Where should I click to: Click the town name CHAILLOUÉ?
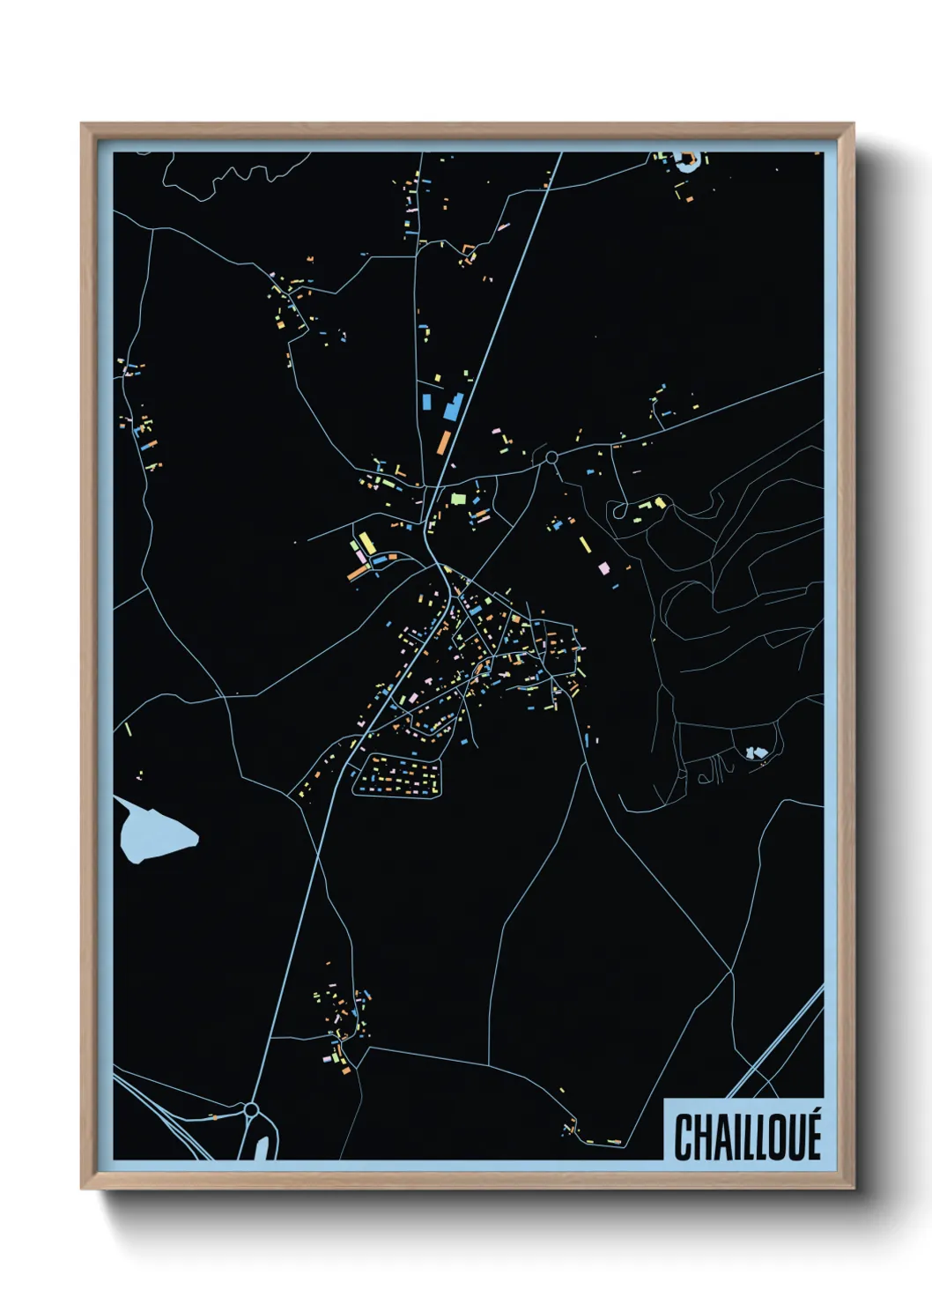(x=747, y=1137)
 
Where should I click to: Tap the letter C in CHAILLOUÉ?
(x=683, y=1138)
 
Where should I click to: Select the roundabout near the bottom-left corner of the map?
(x=251, y=1109)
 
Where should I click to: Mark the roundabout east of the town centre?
(x=551, y=457)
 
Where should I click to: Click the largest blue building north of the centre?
(x=453, y=407)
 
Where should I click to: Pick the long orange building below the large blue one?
(x=444, y=441)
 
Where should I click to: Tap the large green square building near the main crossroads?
(x=457, y=499)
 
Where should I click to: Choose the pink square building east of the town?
(x=604, y=568)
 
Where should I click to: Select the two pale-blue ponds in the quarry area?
(x=755, y=752)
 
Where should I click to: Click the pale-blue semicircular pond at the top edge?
(x=687, y=160)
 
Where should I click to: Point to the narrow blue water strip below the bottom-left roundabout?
(x=262, y=1147)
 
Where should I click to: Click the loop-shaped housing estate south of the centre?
(x=397, y=775)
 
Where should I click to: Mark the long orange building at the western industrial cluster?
(x=357, y=574)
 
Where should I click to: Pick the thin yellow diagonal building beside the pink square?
(x=585, y=544)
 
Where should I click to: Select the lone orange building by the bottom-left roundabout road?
(x=212, y=1117)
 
